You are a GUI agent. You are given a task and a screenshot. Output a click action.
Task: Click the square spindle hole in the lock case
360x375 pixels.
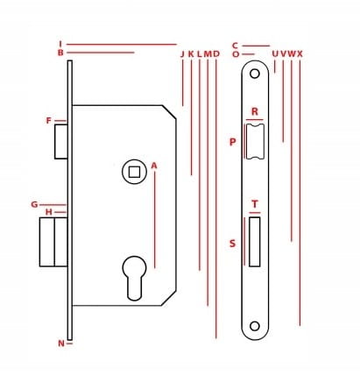coord(134,172)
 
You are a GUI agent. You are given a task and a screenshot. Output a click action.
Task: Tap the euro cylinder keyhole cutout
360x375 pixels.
coord(134,278)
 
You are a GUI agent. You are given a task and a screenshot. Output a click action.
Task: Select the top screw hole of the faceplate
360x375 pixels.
coord(255,74)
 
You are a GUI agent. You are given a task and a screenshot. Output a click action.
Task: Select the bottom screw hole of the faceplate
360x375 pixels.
coord(255,326)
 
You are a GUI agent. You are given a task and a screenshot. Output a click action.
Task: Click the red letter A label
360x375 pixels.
coord(154,166)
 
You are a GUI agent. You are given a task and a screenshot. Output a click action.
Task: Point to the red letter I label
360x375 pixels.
coord(60,44)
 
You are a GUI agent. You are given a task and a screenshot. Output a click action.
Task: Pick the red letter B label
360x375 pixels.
coord(60,53)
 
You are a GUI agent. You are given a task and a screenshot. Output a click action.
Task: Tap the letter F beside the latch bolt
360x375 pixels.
coord(49,121)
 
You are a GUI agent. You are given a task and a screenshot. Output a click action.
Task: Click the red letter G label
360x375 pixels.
coord(34,205)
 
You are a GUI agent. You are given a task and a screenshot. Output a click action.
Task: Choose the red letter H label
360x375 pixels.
coord(49,212)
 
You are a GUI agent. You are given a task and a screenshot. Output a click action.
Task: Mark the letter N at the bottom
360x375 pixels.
coord(61,343)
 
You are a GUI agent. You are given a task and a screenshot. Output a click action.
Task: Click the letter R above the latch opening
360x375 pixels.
coord(255,111)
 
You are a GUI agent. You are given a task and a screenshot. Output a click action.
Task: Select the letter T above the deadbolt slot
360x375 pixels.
coord(255,204)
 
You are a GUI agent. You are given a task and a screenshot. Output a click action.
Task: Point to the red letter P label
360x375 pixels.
coord(232,142)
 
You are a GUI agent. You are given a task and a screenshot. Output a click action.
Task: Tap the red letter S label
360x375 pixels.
coord(232,244)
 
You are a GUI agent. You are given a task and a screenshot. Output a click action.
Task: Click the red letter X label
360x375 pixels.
coord(300,54)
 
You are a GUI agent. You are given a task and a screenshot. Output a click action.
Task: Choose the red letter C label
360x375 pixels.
coord(236,46)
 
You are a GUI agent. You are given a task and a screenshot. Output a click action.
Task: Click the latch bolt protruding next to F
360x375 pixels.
coord(61,142)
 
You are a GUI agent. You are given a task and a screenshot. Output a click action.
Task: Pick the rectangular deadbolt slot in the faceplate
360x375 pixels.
coord(254,242)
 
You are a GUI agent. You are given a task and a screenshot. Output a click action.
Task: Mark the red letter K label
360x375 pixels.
coord(191,54)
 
